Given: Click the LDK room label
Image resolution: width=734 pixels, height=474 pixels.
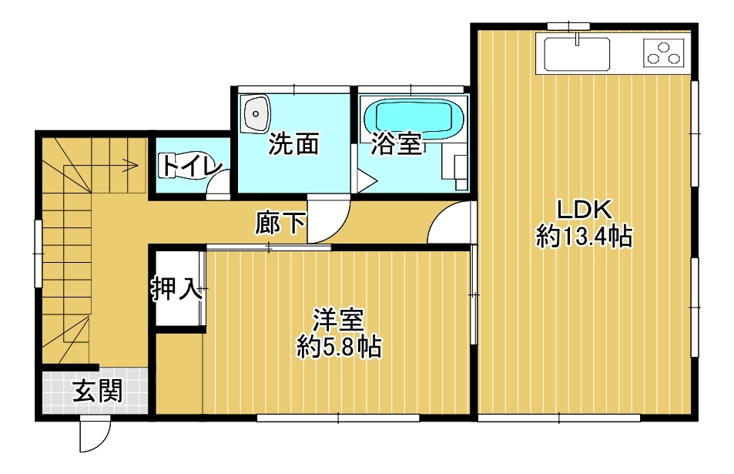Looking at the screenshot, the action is (584, 210).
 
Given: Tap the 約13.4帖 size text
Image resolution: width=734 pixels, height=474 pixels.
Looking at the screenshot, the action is (585, 236).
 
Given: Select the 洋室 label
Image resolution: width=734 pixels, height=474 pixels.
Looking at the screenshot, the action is (338, 320).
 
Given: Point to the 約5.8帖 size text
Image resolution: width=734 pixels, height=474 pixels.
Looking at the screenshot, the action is (339, 347).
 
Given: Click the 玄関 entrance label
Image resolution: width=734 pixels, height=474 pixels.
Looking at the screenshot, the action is (97, 391).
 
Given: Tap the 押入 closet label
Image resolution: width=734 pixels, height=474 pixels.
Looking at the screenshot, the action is (177, 288).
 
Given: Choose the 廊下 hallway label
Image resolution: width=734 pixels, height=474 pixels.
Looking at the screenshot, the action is (280, 223).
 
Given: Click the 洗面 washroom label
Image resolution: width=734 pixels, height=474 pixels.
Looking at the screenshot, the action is (293, 144).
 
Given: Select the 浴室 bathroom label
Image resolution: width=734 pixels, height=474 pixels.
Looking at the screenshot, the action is (396, 144).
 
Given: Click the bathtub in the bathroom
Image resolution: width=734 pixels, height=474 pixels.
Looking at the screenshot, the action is (414, 119).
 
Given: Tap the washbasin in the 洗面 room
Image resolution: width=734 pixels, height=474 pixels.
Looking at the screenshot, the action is (256, 113).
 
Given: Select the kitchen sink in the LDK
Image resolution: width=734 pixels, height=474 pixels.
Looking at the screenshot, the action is (577, 53).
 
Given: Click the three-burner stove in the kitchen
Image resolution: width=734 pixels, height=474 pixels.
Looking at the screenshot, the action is (663, 52).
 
